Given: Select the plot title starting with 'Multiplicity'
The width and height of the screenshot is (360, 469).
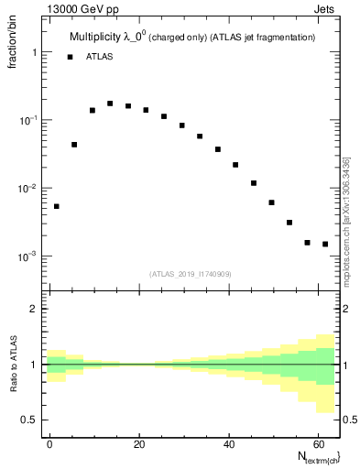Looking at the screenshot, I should pyautogui.click(x=192, y=38).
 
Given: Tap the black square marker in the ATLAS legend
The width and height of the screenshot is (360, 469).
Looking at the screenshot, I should pyautogui.click(x=70, y=57).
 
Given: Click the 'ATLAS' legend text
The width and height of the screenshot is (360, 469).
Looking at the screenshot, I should pyautogui.click(x=101, y=57).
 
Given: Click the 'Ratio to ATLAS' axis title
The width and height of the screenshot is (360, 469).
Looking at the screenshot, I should pyautogui.click(x=14, y=364).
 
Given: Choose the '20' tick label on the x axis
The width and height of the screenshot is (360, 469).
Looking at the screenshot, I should pyautogui.click(x=138, y=442).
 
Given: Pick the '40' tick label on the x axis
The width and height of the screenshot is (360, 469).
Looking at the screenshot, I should pyautogui.click(x=228, y=442).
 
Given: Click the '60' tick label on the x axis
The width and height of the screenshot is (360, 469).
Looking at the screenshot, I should pyautogui.click(x=317, y=442).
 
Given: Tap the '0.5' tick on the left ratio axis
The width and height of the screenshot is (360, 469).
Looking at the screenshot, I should pyautogui.click(x=28, y=420).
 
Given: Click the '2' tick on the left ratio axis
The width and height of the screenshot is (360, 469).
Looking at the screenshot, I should pyautogui.click(x=33, y=309).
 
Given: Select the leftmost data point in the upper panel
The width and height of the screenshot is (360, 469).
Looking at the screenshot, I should pyautogui.click(x=57, y=206).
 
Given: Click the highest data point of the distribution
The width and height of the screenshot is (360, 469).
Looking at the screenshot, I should pyautogui.click(x=110, y=104).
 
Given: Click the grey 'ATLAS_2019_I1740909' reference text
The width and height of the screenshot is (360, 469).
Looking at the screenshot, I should pyautogui.click(x=191, y=274).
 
